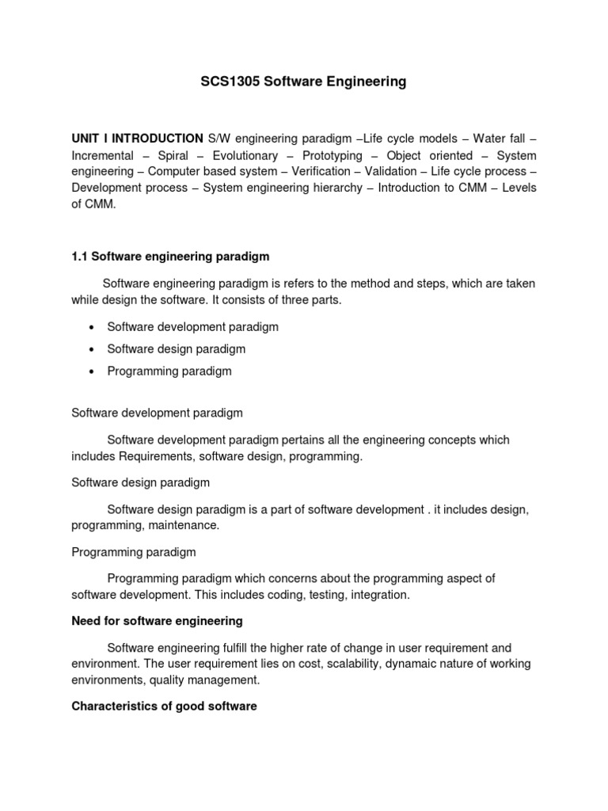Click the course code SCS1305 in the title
point(226,82)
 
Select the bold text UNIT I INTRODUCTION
point(137,138)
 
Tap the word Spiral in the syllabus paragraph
point(173,155)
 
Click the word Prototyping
point(332,155)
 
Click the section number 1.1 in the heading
point(80,257)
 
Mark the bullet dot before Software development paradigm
point(93,327)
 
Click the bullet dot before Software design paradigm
point(93,349)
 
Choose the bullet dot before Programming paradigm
point(93,371)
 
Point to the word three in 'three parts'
point(291,300)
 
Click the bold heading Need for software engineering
point(157,621)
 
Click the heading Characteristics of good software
point(164,706)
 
